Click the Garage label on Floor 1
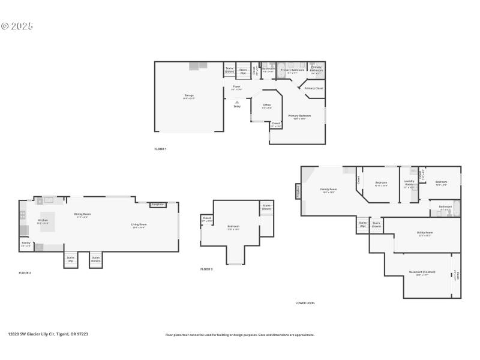tap(189, 95)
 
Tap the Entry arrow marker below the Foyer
tap(237, 103)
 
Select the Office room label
tap(267, 106)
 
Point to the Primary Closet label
tap(313, 88)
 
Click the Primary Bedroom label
tap(299, 116)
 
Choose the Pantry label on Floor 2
tap(26, 243)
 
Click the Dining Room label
tap(82, 214)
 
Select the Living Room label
tap(139, 225)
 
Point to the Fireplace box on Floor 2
tap(157, 205)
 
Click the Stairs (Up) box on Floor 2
tap(70, 260)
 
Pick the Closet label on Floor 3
tap(206, 218)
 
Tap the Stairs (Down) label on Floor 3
tap(266, 207)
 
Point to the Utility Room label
tap(425, 233)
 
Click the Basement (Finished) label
tap(422, 272)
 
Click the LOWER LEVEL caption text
tap(305, 303)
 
